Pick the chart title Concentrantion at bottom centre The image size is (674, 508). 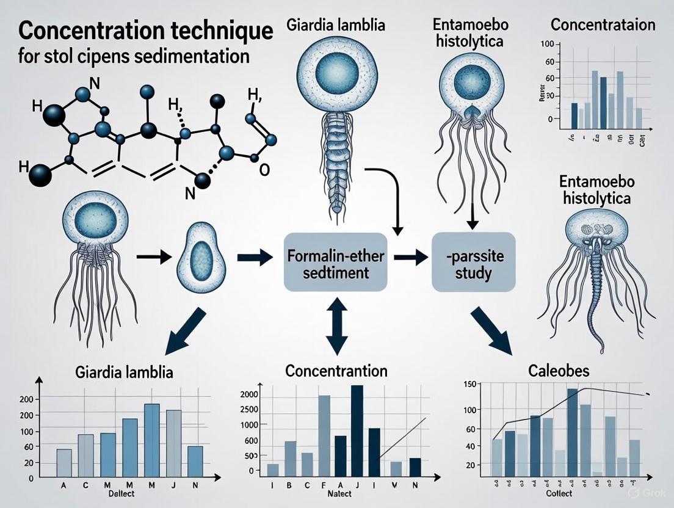[336, 371]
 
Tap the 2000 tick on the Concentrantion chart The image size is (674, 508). [249, 394]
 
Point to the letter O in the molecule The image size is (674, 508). [264, 170]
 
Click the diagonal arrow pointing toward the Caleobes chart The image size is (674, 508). [493, 330]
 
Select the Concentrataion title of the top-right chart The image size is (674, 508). [603, 25]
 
